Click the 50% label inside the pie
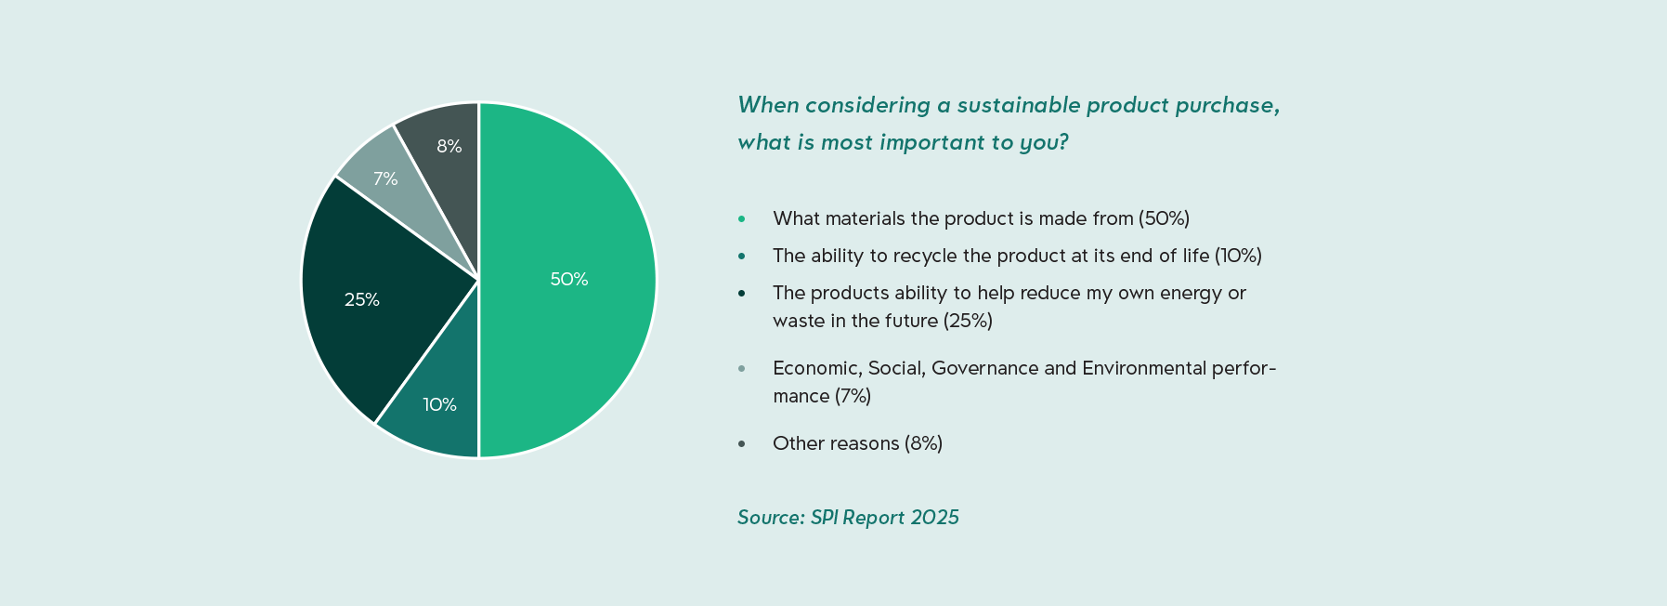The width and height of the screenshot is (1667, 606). pyautogui.click(x=568, y=279)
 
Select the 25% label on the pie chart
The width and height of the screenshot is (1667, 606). pyautogui.click(x=361, y=299)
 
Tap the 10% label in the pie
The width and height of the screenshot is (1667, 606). pyautogui.click(x=439, y=404)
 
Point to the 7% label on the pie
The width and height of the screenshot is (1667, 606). pyautogui.click(x=385, y=178)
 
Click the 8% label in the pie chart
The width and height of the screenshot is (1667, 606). pyautogui.click(x=449, y=146)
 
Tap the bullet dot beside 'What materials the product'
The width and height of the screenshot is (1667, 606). pyautogui.click(x=741, y=219)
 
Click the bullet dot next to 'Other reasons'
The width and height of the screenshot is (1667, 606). pyautogui.click(x=741, y=444)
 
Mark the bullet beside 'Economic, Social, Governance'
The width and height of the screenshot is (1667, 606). pyautogui.click(x=741, y=369)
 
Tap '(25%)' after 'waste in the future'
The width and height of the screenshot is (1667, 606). pyautogui.click(x=968, y=321)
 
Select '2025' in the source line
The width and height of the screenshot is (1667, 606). pyautogui.click(x=934, y=518)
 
